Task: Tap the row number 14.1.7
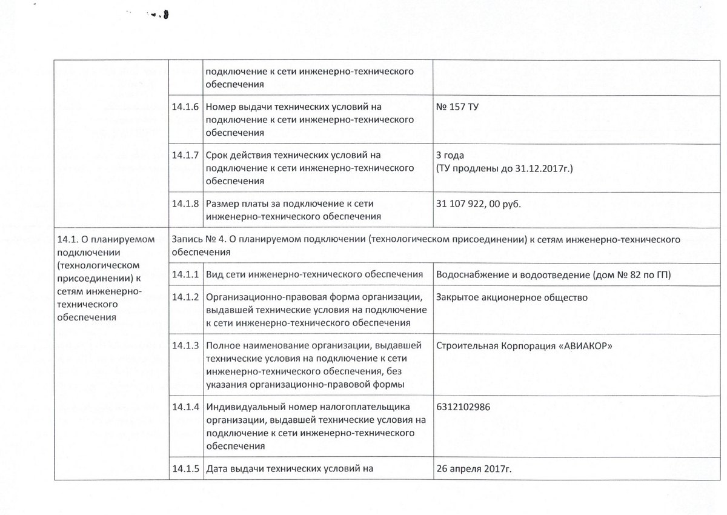[185, 154]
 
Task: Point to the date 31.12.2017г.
[548, 167]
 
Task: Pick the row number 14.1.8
[185, 204]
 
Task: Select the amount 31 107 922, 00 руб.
[479, 204]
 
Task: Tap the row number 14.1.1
[185, 275]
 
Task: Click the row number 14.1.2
[185, 297]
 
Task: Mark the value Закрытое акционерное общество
[511, 297]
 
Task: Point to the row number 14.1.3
[185, 346]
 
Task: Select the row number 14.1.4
[185, 407]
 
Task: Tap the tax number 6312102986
[463, 407]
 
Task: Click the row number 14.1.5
[185, 468]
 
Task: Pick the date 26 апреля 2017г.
[478, 468]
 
